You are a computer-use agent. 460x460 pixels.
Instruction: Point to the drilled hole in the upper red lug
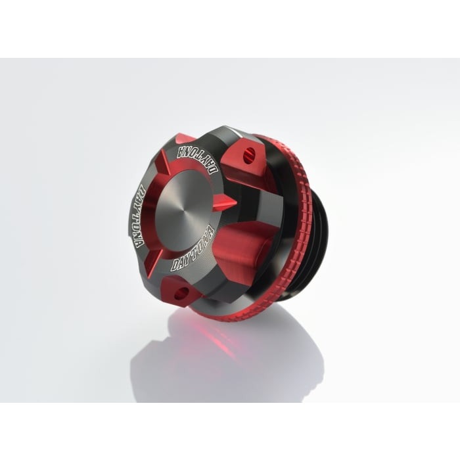(x=249, y=154)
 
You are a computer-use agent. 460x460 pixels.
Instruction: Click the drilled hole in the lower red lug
(x=183, y=292)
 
